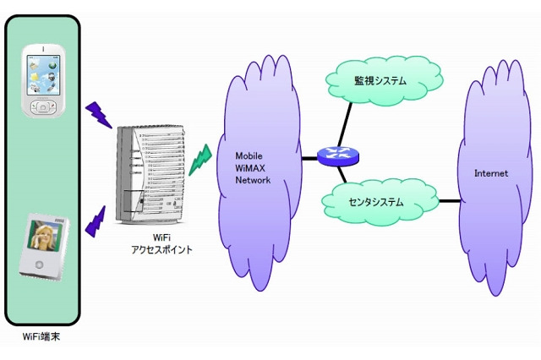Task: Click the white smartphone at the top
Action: click(x=41, y=81)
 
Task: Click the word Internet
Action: click(x=491, y=173)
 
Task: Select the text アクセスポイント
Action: click(x=162, y=249)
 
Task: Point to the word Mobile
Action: click(x=250, y=156)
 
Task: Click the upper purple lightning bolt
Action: click(x=99, y=114)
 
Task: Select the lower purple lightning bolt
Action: click(x=95, y=220)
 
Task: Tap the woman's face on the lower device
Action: click(x=38, y=240)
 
